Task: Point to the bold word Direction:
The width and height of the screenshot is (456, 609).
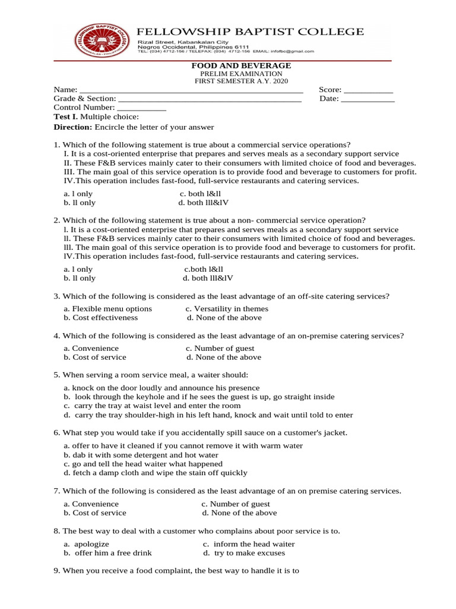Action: (x=73, y=127)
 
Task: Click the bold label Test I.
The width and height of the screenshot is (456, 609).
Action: (x=66, y=118)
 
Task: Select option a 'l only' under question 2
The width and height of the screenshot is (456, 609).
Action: (x=78, y=269)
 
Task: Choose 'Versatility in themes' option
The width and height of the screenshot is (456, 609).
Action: (x=227, y=309)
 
